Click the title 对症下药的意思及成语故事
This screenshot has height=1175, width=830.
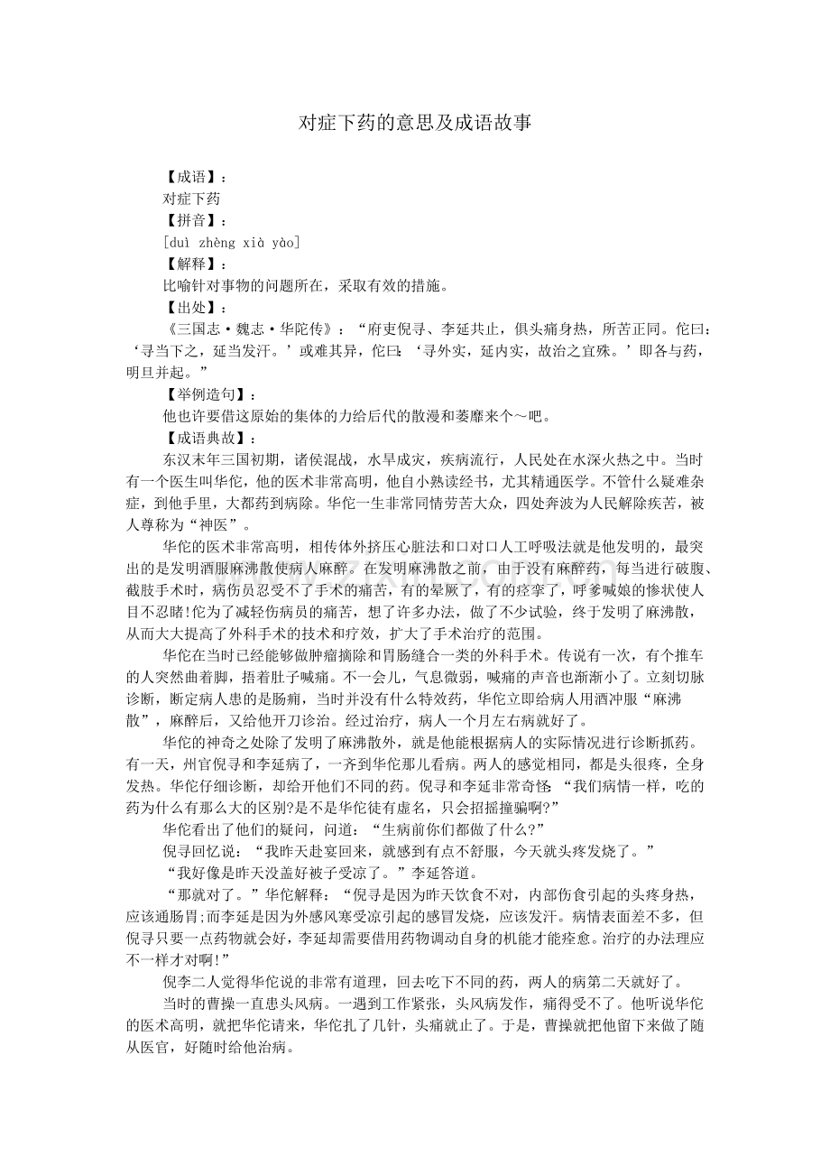(415, 123)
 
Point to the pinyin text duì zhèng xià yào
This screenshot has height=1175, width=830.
(232, 242)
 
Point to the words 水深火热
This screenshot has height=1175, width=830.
(594, 459)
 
